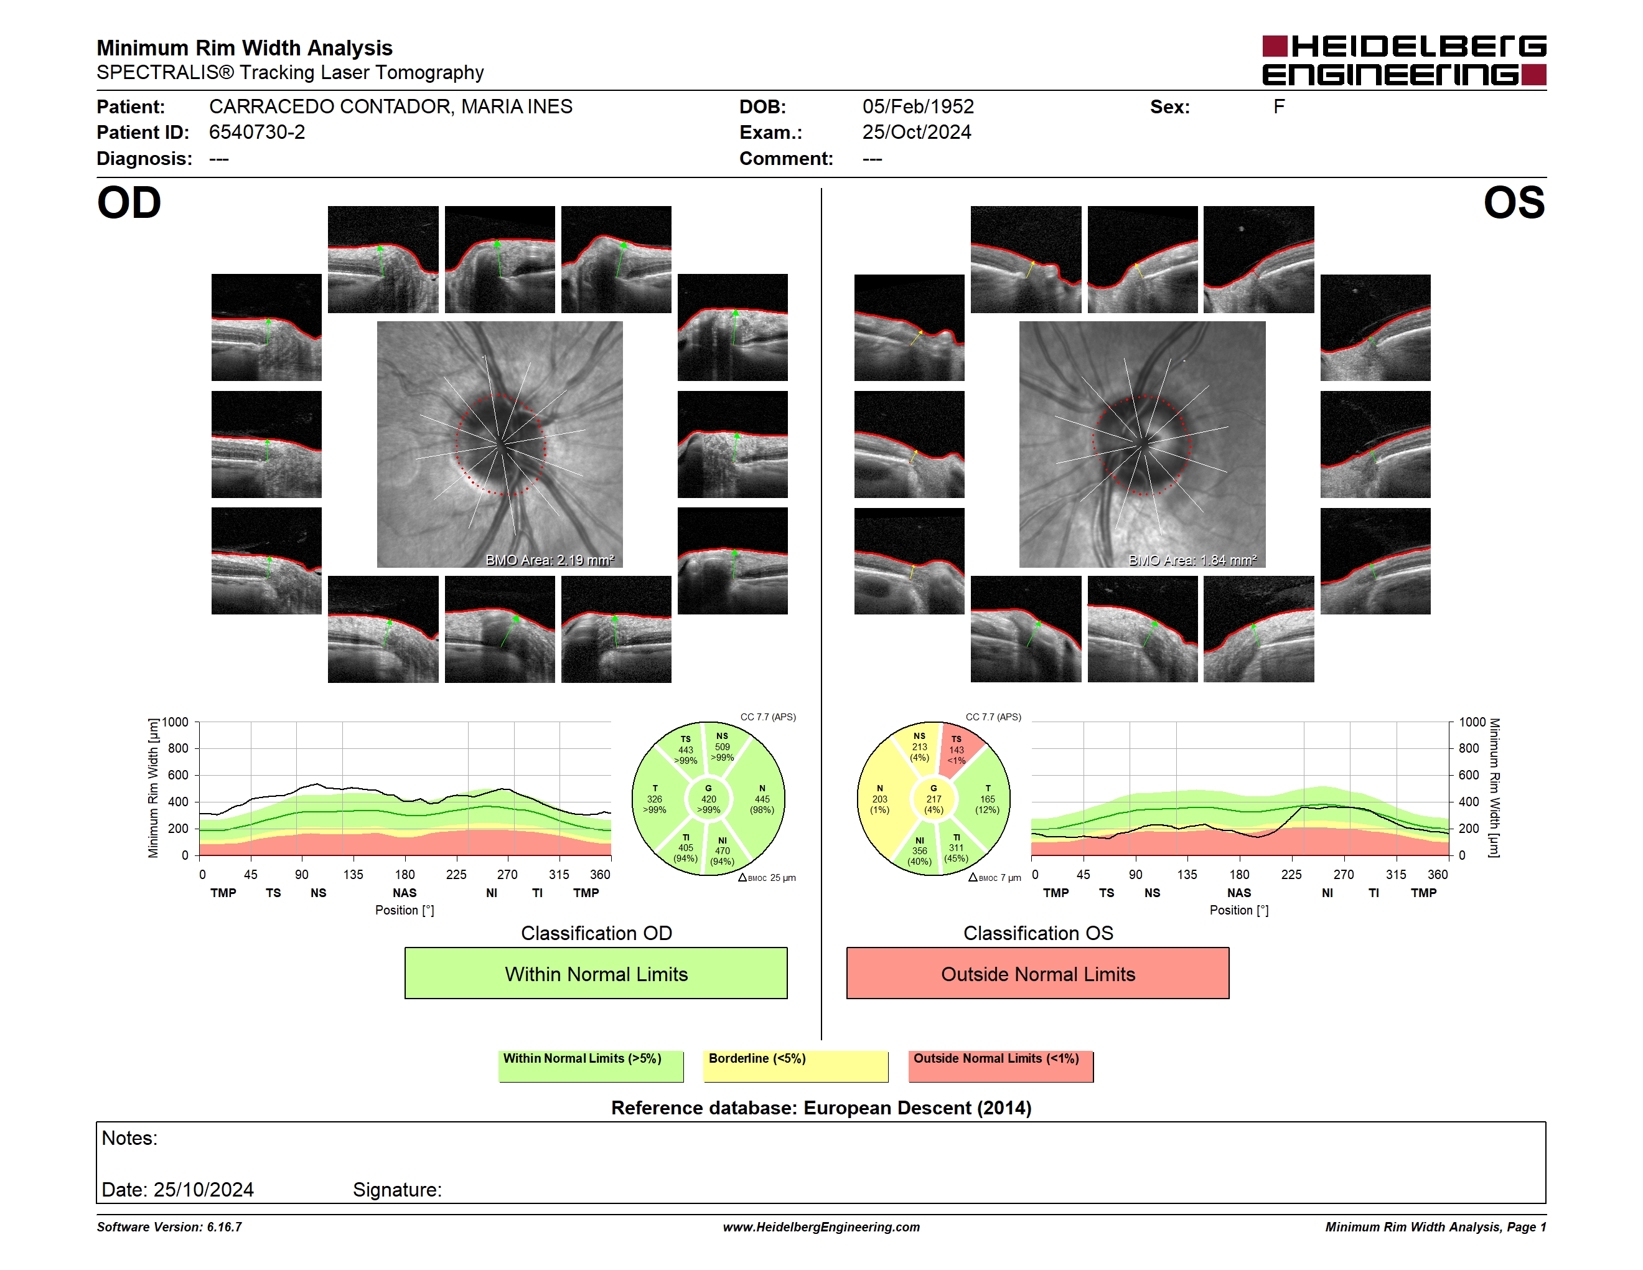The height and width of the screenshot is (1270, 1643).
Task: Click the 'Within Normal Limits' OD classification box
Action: coord(596,973)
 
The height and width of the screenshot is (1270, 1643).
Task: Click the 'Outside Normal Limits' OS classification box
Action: coord(1037,973)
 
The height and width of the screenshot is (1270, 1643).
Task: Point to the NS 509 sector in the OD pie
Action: coord(724,747)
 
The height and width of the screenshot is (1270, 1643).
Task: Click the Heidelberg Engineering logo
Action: coord(1404,60)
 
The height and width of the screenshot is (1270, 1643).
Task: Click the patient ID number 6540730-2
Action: coord(257,133)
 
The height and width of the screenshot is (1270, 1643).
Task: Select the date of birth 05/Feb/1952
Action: coord(918,107)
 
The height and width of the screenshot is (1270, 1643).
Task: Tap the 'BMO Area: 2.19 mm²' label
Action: coord(549,560)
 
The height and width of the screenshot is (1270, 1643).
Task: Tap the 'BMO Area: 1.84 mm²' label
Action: coord(1192,560)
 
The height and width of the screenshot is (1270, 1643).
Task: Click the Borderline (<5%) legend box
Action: coord(796,1066)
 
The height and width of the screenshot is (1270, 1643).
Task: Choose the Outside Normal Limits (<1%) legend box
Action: coord(1001,1066)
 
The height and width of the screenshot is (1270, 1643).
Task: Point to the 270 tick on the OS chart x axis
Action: coord(1344,874)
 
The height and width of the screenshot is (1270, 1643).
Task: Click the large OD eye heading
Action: coord(129,203)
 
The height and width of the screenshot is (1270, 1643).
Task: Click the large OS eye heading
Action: coord(1514,203)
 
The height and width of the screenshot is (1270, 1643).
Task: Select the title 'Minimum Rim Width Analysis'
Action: coord(245,48)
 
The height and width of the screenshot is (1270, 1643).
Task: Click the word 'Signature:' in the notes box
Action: coord(397,1190)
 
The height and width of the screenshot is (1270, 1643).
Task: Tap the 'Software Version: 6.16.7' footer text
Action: coord(169,1227)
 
